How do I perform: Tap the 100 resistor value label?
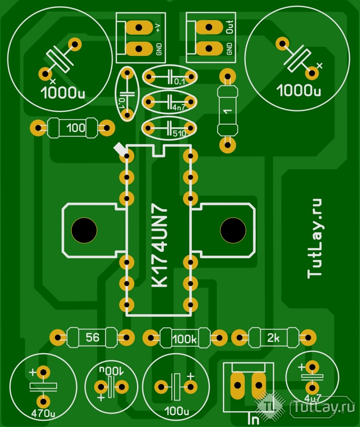coord(75,128)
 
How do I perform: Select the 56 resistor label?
coord(92,337)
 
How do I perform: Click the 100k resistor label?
coord(184,339)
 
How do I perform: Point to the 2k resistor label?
coord(274,338)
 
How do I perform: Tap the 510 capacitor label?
coord(179,133)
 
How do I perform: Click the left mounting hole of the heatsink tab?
coord(84,230)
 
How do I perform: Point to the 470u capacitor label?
coord(43,414)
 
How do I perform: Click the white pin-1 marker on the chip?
coord(120,148)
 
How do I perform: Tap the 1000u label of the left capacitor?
coord(63,93)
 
